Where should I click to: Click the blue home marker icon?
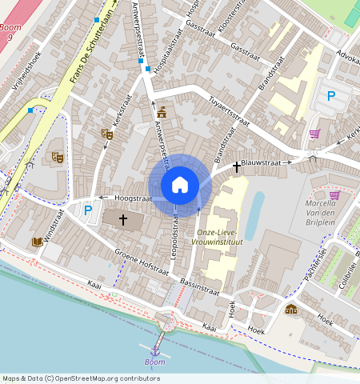[180, 185]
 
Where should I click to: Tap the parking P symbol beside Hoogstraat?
[88, 210]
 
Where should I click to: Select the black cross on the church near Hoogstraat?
[123, 218]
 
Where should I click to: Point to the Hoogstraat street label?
[133, 197]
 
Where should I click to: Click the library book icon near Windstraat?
[37, 242]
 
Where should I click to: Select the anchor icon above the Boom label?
[154, 350]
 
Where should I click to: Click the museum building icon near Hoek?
[290, 309]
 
